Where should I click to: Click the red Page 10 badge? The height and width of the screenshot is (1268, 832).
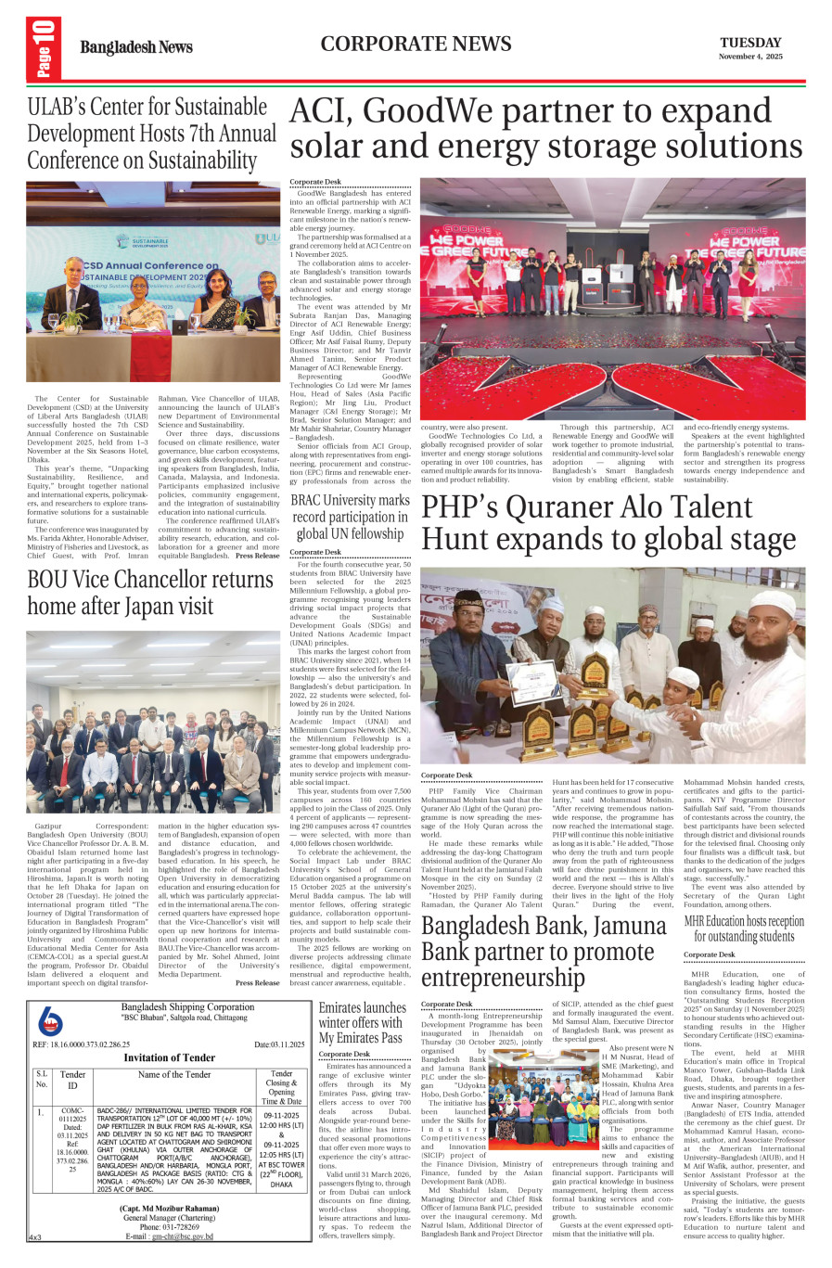45,48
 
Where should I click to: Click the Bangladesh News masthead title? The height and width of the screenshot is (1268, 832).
136,47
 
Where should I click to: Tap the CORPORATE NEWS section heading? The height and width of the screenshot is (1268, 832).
416,44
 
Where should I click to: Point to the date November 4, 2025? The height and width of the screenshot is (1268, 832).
750,57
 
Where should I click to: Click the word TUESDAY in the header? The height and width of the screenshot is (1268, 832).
750,42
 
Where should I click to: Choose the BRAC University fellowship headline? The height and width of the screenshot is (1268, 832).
350,516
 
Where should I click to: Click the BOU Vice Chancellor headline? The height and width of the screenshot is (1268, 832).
150,592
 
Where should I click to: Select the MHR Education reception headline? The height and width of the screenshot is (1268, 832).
744,928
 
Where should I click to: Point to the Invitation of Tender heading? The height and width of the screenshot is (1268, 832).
169,1057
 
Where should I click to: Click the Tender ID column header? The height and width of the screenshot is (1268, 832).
72,1079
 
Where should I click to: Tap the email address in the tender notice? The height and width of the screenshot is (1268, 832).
182,1236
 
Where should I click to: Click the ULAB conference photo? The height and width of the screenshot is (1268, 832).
153,282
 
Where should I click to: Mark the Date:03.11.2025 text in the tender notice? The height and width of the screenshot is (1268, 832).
279,1044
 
